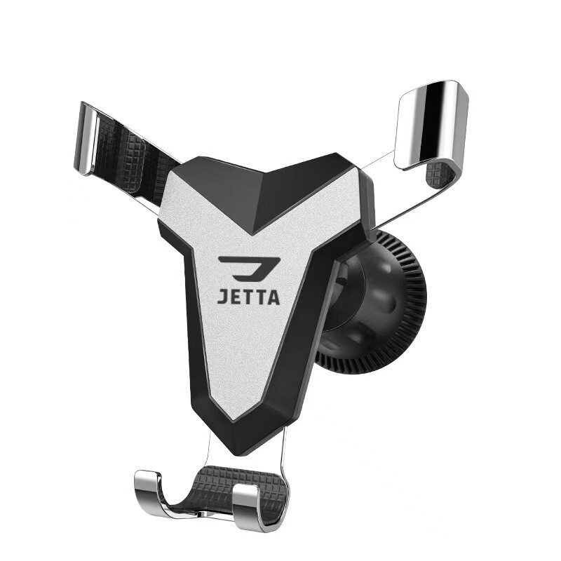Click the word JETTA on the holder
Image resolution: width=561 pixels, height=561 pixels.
coord(249,297)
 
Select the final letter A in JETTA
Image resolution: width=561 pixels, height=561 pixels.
coord(273,297)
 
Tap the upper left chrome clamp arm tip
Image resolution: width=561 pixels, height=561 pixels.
coord(85,140)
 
